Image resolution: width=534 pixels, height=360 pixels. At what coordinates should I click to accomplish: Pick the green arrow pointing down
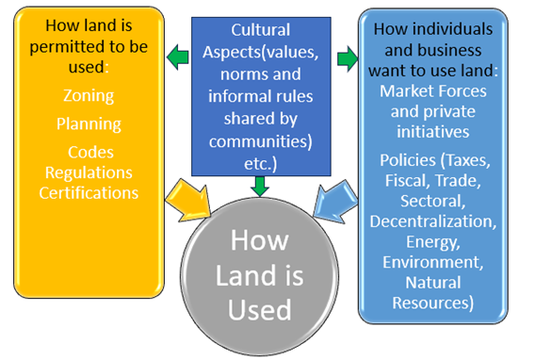point(261,185)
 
